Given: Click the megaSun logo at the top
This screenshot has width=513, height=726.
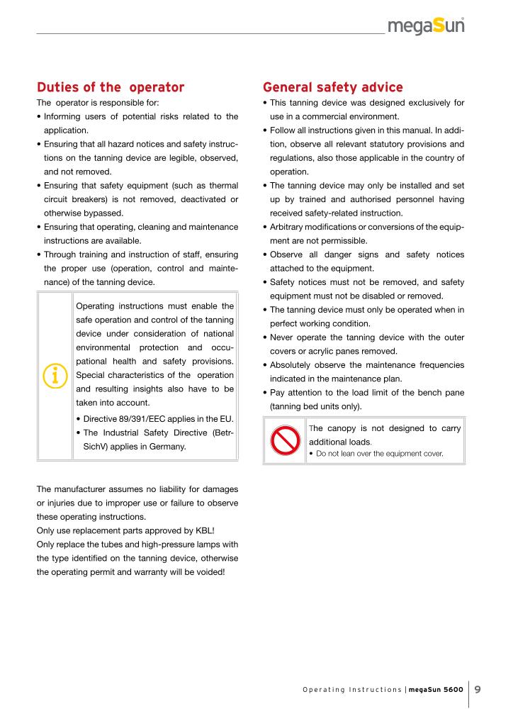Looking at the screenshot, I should pyautogui.click(x=426, y=26).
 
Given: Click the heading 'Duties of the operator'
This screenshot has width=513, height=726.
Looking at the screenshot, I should pyautogui.click(x=110, y=88).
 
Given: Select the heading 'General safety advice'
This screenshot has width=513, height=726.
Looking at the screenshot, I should pyautogui.click(x=332, y=88).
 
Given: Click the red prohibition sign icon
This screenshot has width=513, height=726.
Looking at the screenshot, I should pyautogui.click(x=285, y=440).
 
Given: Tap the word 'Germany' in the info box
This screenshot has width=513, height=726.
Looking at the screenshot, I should pyautogui.click(x=169, y=447).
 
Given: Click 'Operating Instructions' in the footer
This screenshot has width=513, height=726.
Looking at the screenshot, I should pyautogui.click(x=351, y=691).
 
